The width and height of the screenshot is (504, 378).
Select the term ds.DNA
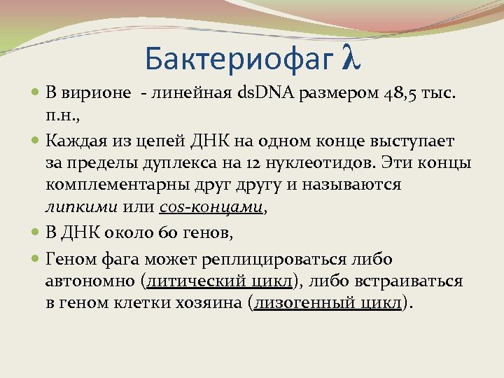(267, 94)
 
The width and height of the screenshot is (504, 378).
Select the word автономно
(90, 281)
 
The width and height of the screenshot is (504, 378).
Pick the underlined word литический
(190, 281)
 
